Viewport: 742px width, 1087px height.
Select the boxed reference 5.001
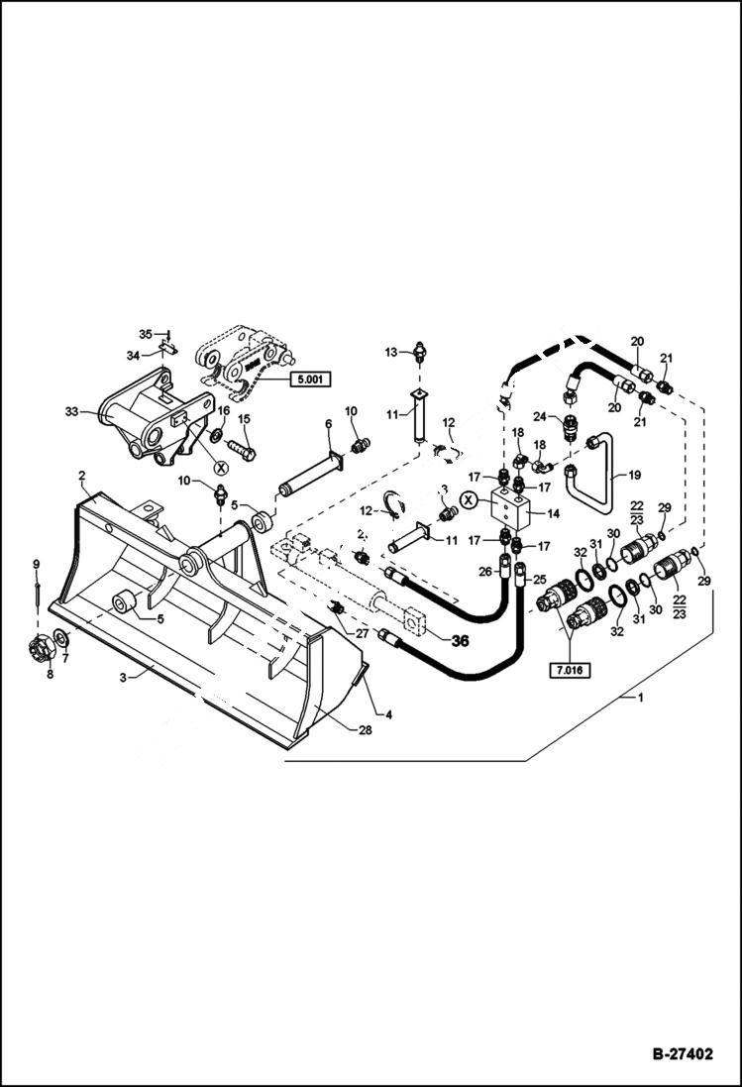pos(309,379)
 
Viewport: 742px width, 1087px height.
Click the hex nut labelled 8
pos(42,650)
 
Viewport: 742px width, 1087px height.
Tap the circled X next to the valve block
pos(468,501)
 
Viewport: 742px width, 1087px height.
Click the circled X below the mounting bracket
pos(221,465)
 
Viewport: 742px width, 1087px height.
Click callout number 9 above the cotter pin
pos(36,565)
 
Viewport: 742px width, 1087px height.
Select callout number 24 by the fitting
pos(540,416)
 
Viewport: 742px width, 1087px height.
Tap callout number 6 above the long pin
pos(328,424)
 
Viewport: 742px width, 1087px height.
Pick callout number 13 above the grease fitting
pos(390,353)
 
